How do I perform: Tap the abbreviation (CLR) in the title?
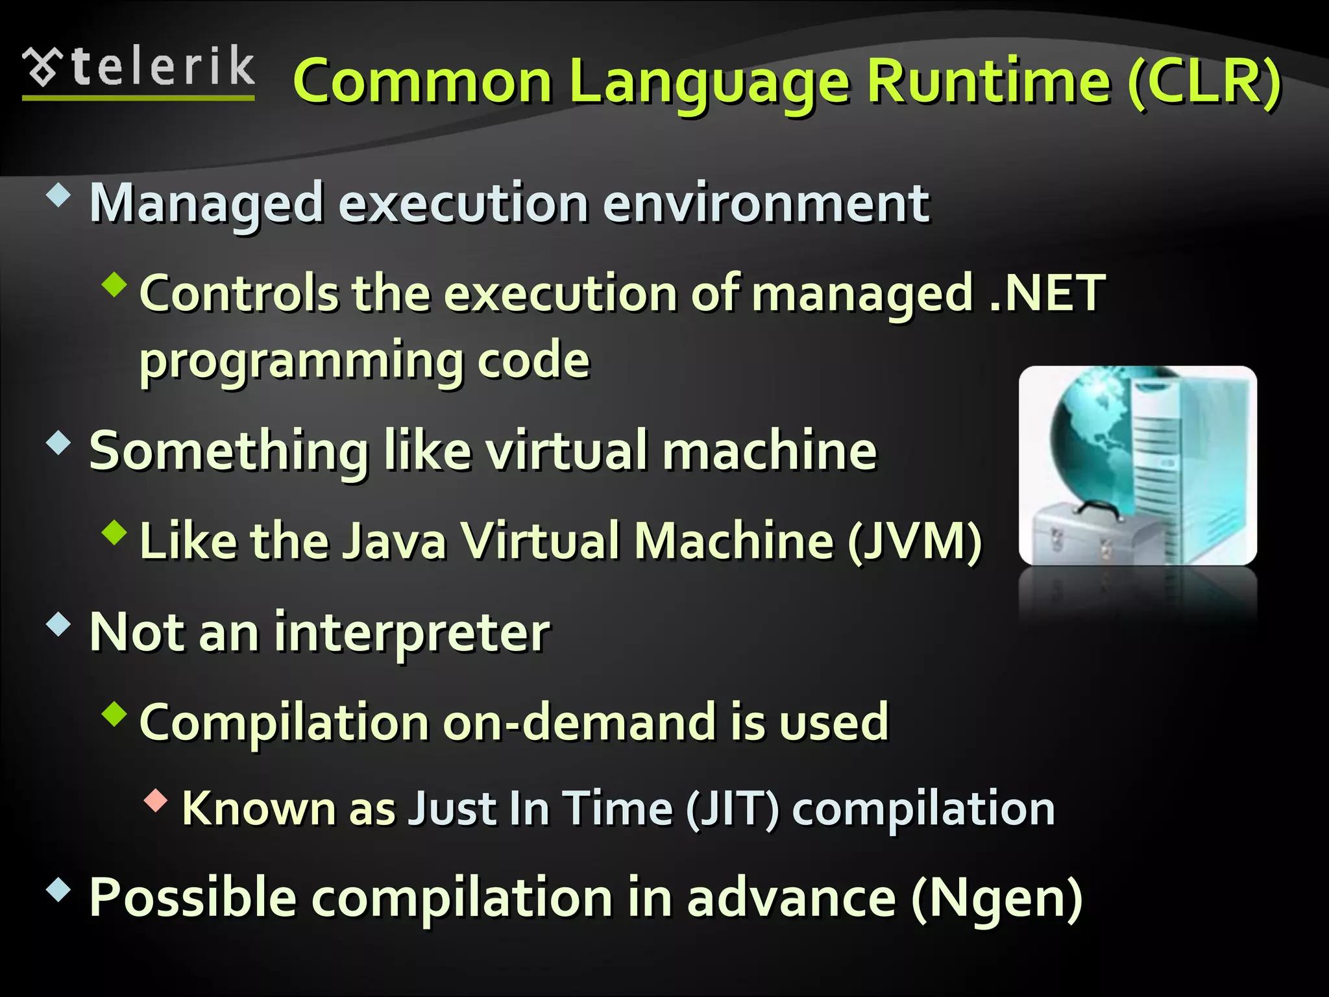pos(1204,82)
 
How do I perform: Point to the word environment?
pos(766,203)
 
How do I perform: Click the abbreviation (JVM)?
pos(916,541)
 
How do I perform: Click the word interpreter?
pos(412,633)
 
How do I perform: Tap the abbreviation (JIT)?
pos(733,809)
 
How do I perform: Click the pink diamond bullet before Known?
pos(156,800)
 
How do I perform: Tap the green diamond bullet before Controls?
pos(114,284)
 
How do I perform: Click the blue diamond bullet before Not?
pos(58,624)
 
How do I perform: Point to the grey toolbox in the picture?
pos(1090,535)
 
